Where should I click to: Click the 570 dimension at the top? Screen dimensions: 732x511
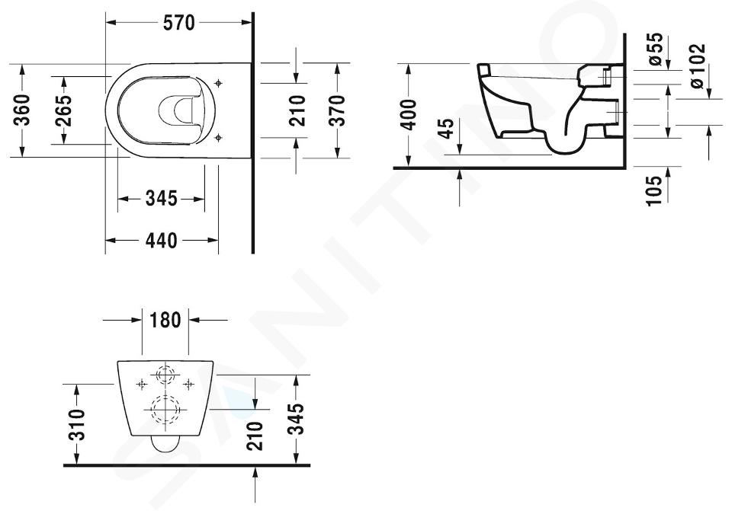click(x=178, y=23)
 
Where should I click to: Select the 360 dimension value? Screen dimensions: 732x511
click(x=22, y=110)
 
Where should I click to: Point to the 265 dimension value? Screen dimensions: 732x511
click(x=63, y=110)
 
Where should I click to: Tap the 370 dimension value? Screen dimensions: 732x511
click(x=336, y=110)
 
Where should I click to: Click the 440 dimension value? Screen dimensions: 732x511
click(x=162, y=241)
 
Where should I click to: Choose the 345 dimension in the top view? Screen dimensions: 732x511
click(x=162, y=199)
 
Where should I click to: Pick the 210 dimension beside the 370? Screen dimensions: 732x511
click(x=297, y=110)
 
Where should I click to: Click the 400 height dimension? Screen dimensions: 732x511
click(x=409, y=115)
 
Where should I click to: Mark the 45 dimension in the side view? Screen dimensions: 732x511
click(x=448, y=129)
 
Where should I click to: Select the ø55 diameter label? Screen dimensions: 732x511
click(x=656, y=49)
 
